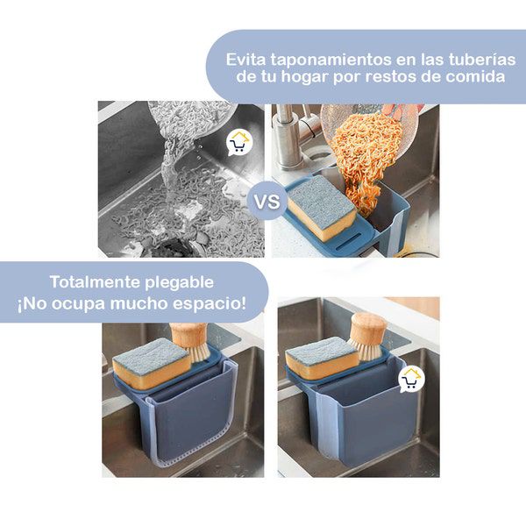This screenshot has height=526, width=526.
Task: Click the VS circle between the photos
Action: [x=267, y=202]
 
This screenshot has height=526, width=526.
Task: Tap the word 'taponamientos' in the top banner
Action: [x=331, y=60]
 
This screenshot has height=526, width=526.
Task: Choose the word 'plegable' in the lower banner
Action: [x=180, y=283]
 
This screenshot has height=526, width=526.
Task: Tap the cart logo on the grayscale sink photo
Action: [x=238, y=143]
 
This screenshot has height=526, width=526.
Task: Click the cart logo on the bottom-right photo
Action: [x=411, y=380]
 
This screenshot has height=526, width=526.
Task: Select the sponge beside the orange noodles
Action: [x=322, y=209]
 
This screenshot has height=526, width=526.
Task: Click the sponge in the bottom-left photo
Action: [x=152, y=363]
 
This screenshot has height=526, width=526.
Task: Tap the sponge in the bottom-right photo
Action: [x=322, y=358]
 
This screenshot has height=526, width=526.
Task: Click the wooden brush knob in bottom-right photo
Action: [x=369, y=326]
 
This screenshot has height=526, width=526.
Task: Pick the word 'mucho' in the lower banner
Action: [x=139, y=303]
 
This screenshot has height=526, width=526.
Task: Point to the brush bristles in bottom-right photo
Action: [x=365, y=349]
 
